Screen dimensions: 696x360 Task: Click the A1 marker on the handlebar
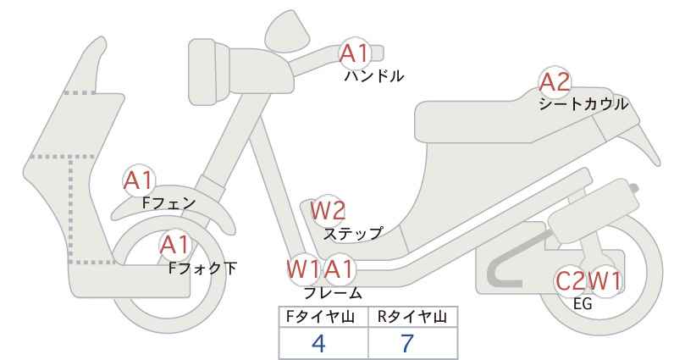(x=355, y=53)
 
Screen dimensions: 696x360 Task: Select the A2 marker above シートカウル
(x=555, y=82)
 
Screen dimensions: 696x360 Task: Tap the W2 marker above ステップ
(x=327, y=210)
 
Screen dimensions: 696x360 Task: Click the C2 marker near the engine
(x=572, y=281)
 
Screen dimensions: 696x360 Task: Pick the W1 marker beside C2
(x=605, y=281)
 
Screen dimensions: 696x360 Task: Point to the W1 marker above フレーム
(x=303, y=269)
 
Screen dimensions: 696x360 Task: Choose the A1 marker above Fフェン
(x=139, y=180)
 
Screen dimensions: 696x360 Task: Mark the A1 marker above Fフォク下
(x=175, y=245)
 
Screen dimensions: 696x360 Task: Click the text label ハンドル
(x=374, y=76)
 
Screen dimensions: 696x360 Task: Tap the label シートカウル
(x=583, y=104)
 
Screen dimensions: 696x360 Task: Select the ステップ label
(x=353, y=234)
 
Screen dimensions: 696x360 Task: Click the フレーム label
(x=333, y=293)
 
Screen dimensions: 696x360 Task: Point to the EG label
(x=583, y=304)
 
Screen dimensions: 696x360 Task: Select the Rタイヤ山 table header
(x=412, y=317)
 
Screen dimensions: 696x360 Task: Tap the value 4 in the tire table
(x=318, y=343)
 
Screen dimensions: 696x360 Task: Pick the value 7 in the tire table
(x=407, y=343)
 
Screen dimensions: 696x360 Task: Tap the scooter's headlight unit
(x=209, y=72)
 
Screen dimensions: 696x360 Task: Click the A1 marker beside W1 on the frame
(x=340, y=269)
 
